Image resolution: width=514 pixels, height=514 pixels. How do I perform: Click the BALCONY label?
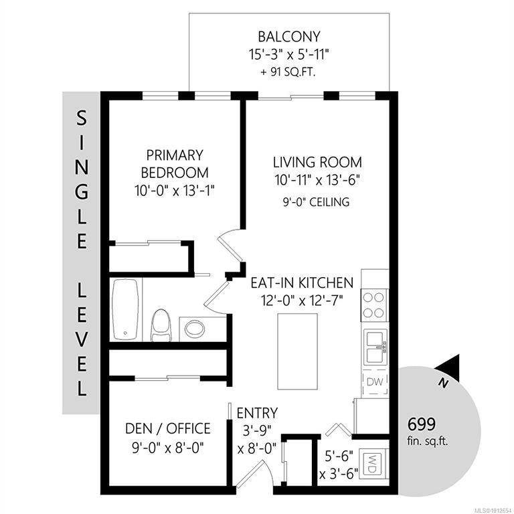point(289,37)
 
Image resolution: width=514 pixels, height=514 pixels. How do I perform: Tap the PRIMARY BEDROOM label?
point(175,164)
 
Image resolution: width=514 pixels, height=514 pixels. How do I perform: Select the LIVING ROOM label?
point(317,162)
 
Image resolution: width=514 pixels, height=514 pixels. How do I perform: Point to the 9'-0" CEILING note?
point(316,202)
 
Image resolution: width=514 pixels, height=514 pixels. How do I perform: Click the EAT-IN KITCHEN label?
point(302,282)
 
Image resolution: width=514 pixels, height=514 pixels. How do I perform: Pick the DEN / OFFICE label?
point(168,428)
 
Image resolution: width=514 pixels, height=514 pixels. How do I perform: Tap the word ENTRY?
point(257,413)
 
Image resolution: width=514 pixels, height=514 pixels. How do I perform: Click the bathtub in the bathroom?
point(125,309)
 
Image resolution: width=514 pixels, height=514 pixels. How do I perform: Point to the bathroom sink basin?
point(195,329)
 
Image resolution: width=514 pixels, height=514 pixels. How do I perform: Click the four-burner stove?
point(374,305)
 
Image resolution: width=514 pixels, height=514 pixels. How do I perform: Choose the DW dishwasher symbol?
point(375,382)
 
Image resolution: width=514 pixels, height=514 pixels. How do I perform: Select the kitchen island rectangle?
point(298,351)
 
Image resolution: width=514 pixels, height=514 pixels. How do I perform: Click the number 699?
point(422,424)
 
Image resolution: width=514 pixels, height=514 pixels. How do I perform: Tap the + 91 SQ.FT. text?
point(288,72)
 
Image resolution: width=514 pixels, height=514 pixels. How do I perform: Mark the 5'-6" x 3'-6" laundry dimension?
point(339,465)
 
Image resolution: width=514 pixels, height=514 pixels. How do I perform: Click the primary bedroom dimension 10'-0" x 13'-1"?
point(175,191)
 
